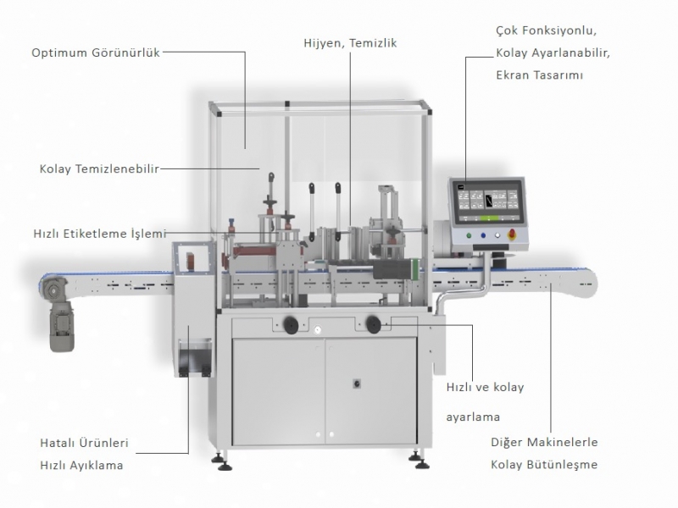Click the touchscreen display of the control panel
491,202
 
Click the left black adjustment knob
291,323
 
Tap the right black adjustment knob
373,322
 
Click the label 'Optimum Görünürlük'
96,52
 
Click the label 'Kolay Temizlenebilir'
99,167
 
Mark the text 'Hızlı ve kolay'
485,388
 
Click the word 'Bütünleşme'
568,465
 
